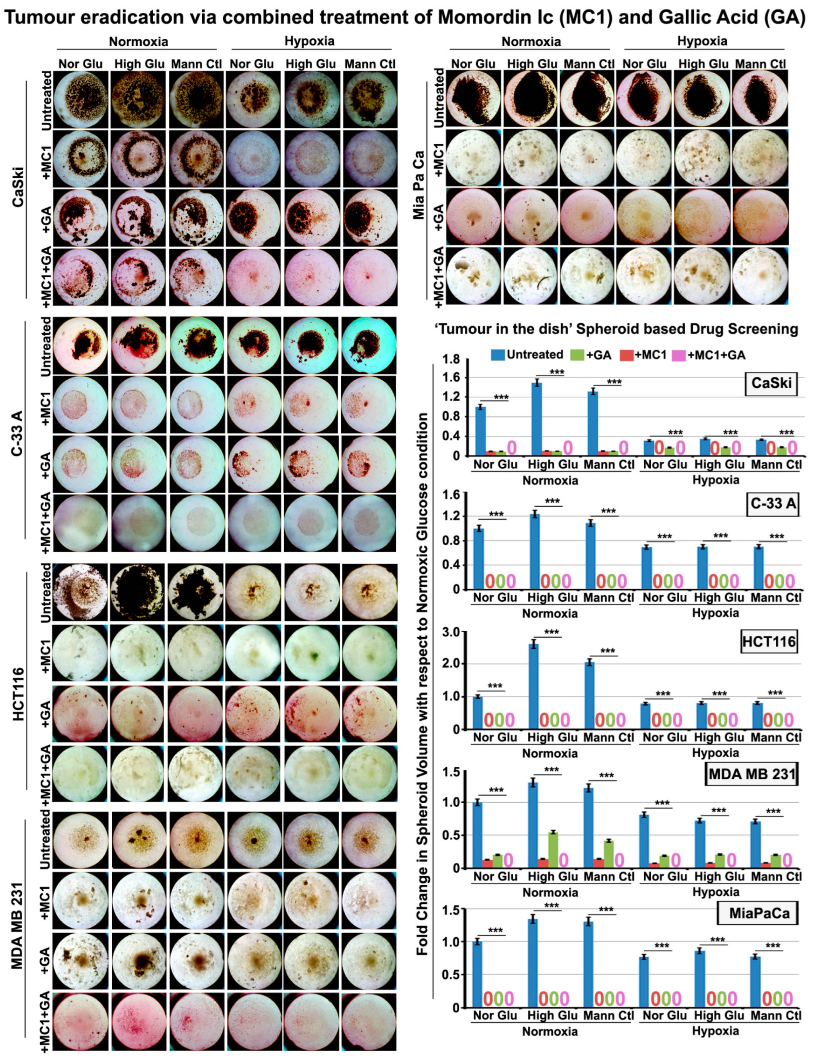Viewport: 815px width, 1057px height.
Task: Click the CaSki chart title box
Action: coord(771,383)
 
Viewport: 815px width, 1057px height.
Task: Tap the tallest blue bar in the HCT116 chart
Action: coord(534,686)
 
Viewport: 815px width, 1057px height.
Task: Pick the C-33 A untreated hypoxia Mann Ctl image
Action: coord(369,345)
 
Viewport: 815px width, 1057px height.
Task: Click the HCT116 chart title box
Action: coord(769,642)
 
